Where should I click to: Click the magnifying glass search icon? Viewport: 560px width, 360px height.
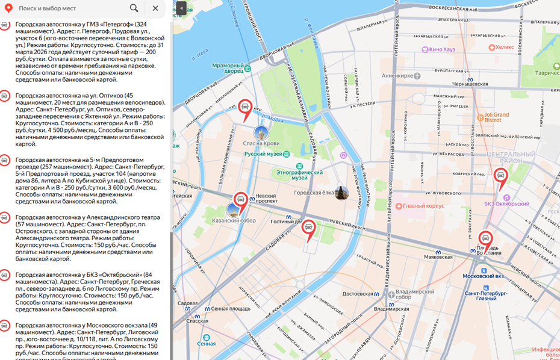(x=134, y=8)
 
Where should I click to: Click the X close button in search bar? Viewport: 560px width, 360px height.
(x=155, y=8)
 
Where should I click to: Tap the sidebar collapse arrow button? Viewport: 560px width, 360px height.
(x=181, y=8)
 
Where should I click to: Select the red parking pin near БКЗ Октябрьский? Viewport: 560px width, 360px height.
(x=500, y=176)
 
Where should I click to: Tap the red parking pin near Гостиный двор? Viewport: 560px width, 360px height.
(x=308, y=228)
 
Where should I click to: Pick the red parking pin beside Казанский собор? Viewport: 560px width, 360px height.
(x=241, y=200)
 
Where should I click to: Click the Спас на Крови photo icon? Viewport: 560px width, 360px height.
(x=261, y=132)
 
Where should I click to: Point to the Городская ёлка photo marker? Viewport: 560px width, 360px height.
(x=341, y=193)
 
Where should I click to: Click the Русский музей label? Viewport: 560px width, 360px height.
(x=263, y=154)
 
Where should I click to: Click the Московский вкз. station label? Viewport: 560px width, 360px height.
(x=484, y=276)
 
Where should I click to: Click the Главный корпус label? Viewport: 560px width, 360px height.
(x=423, y=206)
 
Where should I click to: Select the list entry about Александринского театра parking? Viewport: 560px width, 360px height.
(x=84, y=237)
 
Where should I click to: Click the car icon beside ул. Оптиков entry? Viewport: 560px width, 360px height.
(x=4, y=96)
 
